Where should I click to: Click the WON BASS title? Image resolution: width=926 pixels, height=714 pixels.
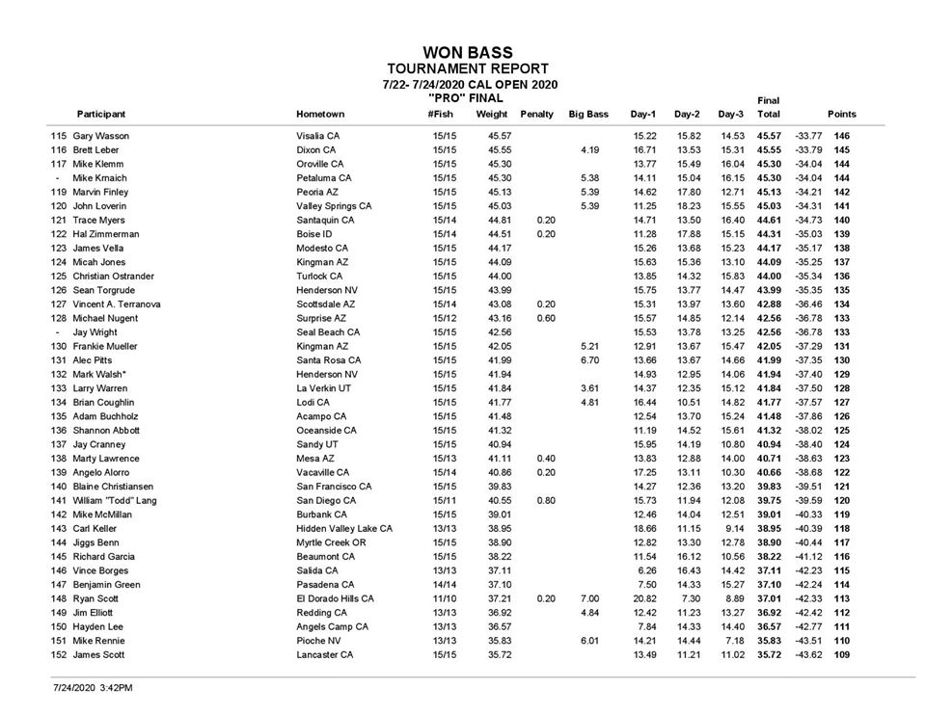467,52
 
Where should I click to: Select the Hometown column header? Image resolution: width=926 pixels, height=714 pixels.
320,115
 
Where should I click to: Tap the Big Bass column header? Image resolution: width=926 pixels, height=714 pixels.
588,115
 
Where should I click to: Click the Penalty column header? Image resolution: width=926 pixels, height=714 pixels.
537,115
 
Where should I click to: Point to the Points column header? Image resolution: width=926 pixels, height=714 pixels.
841,115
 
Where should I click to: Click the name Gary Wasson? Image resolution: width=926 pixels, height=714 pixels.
100,136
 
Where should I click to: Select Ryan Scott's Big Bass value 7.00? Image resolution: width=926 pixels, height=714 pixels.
590,598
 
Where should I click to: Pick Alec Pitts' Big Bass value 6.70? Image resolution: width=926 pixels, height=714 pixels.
590,359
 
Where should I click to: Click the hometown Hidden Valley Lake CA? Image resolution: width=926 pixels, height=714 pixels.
344,529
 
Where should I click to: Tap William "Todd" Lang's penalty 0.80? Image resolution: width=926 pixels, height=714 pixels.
544,501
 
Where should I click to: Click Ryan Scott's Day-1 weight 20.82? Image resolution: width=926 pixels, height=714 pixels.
644,598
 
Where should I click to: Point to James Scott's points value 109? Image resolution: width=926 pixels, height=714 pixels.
842,654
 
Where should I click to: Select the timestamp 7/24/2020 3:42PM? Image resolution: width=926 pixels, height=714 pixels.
93,688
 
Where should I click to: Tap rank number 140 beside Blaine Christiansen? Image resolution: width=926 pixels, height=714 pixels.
59,487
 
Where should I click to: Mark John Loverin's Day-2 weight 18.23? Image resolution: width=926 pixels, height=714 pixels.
688,205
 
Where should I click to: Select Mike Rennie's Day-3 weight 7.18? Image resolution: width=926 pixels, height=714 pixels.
734,641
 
